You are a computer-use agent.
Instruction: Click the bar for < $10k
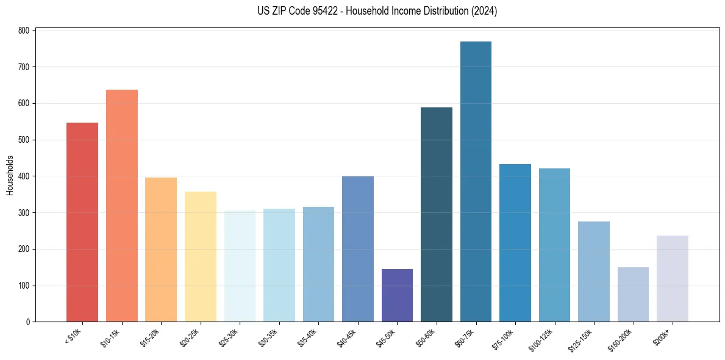(x=82, y=222)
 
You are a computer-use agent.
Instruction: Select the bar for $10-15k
(x=121, y=206)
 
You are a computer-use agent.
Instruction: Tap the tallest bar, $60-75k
(x=476, y=182)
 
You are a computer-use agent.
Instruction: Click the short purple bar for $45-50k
(x=397, y=295)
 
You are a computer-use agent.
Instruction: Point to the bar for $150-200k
(x=633, y=295)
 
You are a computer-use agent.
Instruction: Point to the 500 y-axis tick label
(x=26, y=140)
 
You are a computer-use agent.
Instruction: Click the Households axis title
(x=10, y=175)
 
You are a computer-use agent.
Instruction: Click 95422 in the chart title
(x=314, y=11)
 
